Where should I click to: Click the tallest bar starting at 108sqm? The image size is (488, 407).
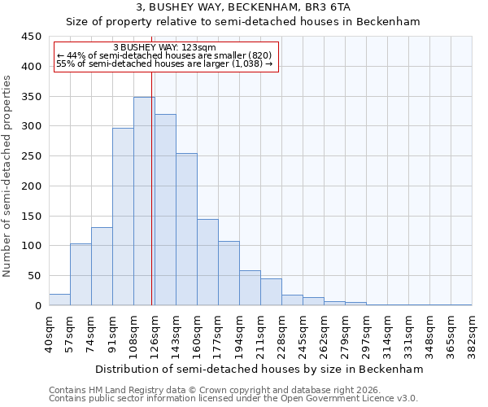(144, 201)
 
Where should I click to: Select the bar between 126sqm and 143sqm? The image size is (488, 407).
(165, 210)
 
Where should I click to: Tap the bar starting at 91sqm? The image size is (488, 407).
(123, 217)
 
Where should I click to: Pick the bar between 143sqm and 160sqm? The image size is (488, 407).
(186, 230)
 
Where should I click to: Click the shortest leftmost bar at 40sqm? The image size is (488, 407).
(59, 300)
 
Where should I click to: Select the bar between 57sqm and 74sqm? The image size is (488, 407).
(81, 274)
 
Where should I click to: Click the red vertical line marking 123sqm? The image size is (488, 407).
(152, 195)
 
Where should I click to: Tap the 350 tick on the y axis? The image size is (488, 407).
(32, 97)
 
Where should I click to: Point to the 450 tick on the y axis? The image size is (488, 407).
(32, 37)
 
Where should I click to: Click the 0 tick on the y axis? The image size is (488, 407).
(37, 306)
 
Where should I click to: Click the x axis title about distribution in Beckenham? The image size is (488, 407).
(259, 369)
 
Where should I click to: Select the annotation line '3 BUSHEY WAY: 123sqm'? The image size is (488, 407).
(164, 48)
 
